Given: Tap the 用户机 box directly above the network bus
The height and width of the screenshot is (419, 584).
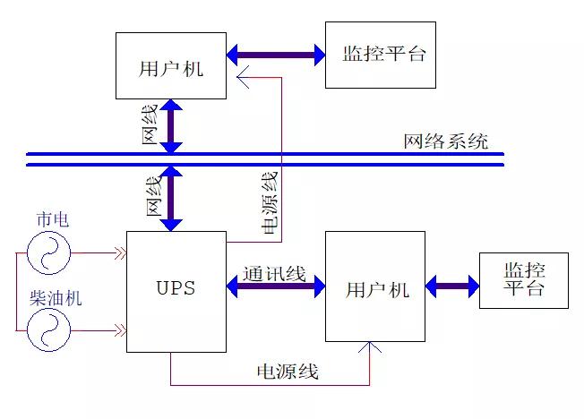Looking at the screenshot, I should pyautogui.click(x=171, y=64).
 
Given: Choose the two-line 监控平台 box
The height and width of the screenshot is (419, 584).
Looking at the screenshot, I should pyautogui.click(x=523, y=280).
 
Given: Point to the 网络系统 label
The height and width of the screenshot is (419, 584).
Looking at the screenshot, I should pyautogui.click(x=445, y=141).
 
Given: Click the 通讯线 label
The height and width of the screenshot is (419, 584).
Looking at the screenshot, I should pyautogui.click(x=274, y=273).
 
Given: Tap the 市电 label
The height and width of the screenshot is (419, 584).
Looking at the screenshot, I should pyautogui.click(x=52, y=220).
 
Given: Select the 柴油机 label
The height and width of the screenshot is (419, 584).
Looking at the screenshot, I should pyautogui.click(x=56, y=297).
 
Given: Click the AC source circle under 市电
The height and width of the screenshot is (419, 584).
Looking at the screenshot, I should pyautogui.click(x=48, y=252).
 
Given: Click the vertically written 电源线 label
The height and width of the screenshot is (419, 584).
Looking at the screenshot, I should pyautogui.click(x=270, y=201).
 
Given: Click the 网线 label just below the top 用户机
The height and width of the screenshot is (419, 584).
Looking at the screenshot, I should pyautogui.click(x=150, y=124).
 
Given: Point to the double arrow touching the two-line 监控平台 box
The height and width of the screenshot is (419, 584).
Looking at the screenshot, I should pyautogui.click(x=452, y=287).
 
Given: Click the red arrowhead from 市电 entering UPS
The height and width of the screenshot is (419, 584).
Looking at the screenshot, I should pyautogui.click(x=118, y=252).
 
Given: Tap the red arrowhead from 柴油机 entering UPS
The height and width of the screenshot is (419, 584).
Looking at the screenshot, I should pyautogui.click(x=118, y=330).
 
